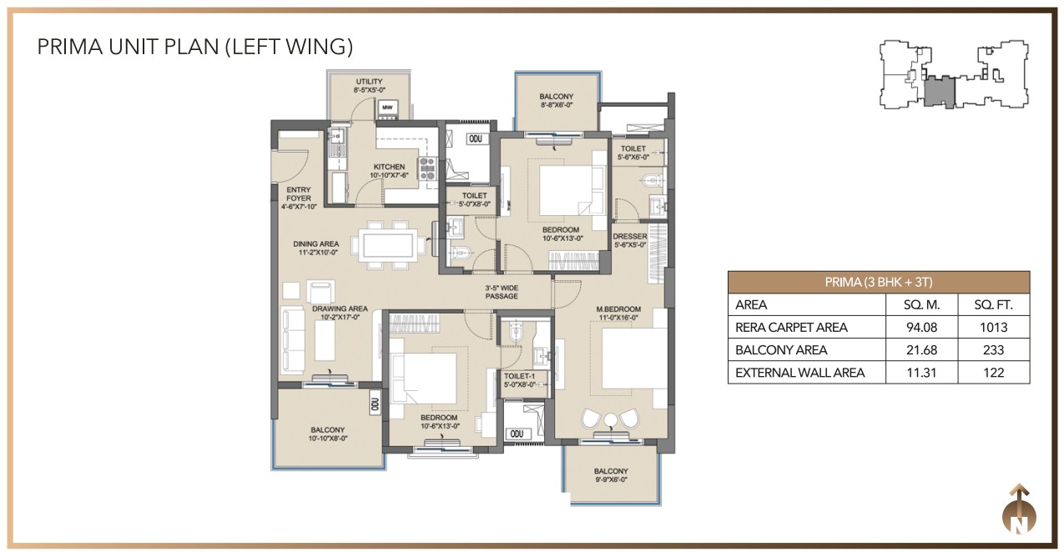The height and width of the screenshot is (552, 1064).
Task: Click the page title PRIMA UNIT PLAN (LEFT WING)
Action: [x=195, y=47]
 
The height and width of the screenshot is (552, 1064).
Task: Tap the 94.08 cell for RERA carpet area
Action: [x=920, y=328]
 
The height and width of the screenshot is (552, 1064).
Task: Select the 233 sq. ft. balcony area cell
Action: [x=994, y=350]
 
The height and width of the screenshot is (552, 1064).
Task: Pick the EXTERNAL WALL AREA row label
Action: [x=799, y=373]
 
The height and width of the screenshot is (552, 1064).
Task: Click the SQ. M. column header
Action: [x=920, y=305]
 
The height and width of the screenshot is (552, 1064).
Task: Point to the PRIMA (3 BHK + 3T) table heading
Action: [x=878, y=282]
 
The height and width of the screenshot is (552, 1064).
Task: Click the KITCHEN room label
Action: [x=389, y=167]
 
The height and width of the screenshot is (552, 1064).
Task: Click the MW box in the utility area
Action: [x=387, y=108]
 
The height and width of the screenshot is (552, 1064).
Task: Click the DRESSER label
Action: [x=629, y=236]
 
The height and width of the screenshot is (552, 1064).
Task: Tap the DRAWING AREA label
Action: [x=340, y=309]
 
